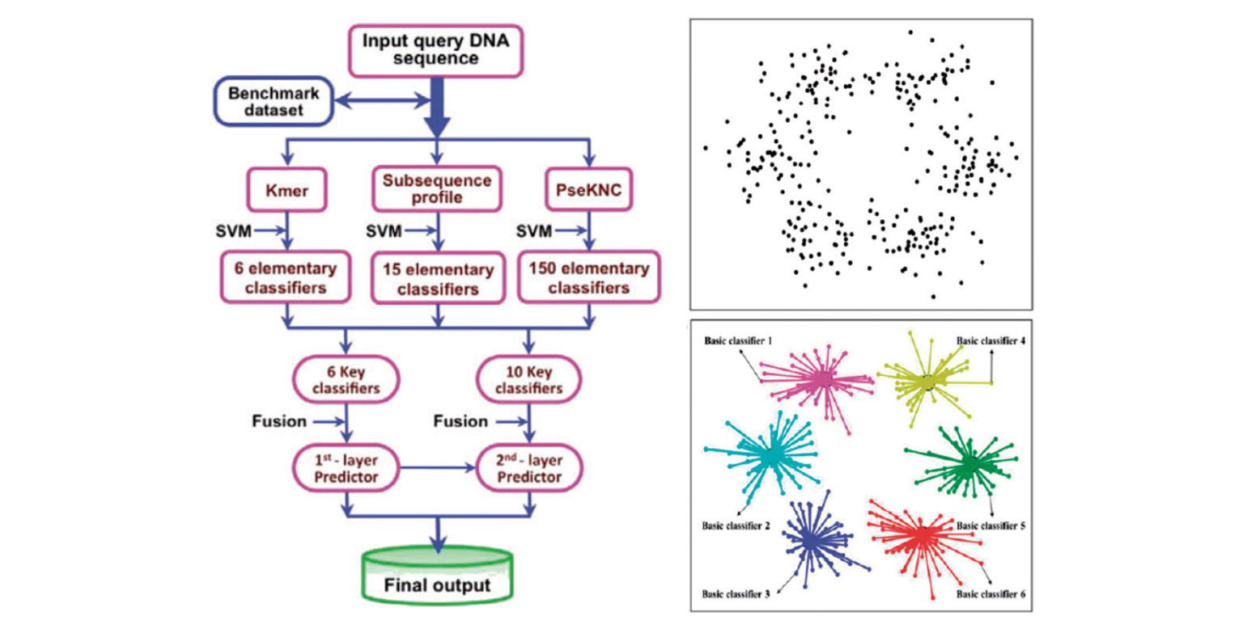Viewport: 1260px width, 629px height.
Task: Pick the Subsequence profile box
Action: [x=436, y=188]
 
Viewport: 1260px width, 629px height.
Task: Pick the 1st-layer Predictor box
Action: [x=347, y=467]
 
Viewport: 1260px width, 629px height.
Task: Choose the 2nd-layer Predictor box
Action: [x=530, y=467]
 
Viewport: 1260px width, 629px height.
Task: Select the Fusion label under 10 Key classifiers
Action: [x=459, y=421]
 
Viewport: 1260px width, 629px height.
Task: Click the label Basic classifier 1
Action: [x=736, y=340]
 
